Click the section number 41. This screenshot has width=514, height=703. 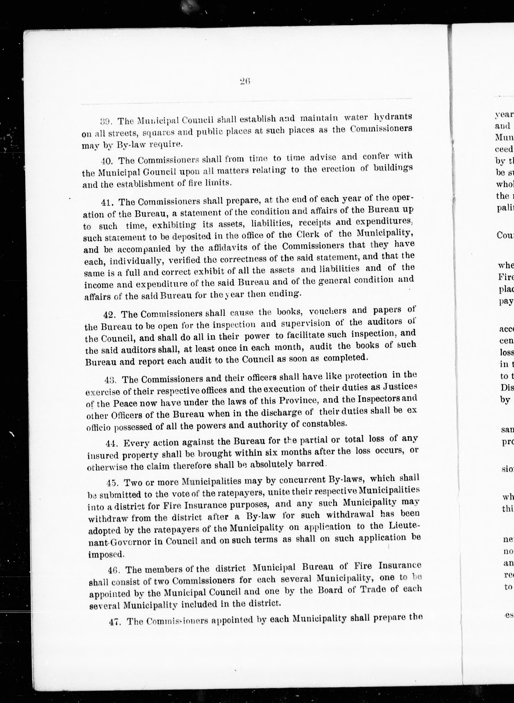pyautogui.click(x=107, y=202)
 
